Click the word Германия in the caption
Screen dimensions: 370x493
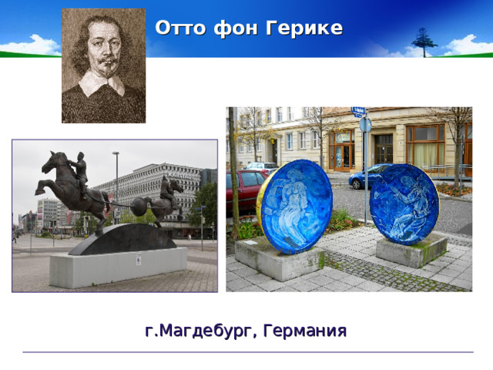(304, 331)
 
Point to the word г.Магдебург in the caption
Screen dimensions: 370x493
(201, 331)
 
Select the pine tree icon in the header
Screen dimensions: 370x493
(423, 40)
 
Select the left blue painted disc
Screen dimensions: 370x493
(295, 207)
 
